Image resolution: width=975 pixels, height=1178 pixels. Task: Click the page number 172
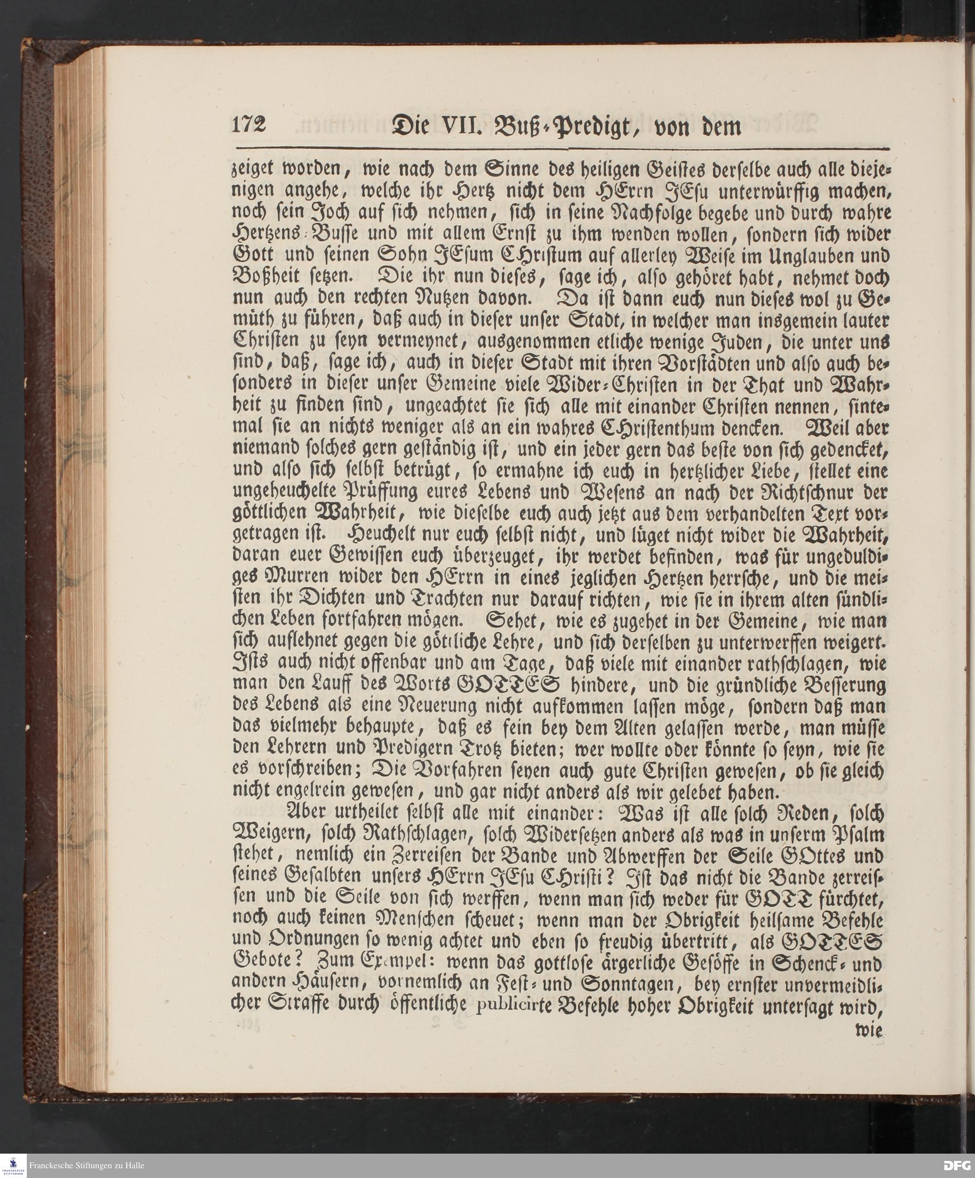[x=249, y=124]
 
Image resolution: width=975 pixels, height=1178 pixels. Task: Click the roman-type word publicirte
[x=514, y=1007]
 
